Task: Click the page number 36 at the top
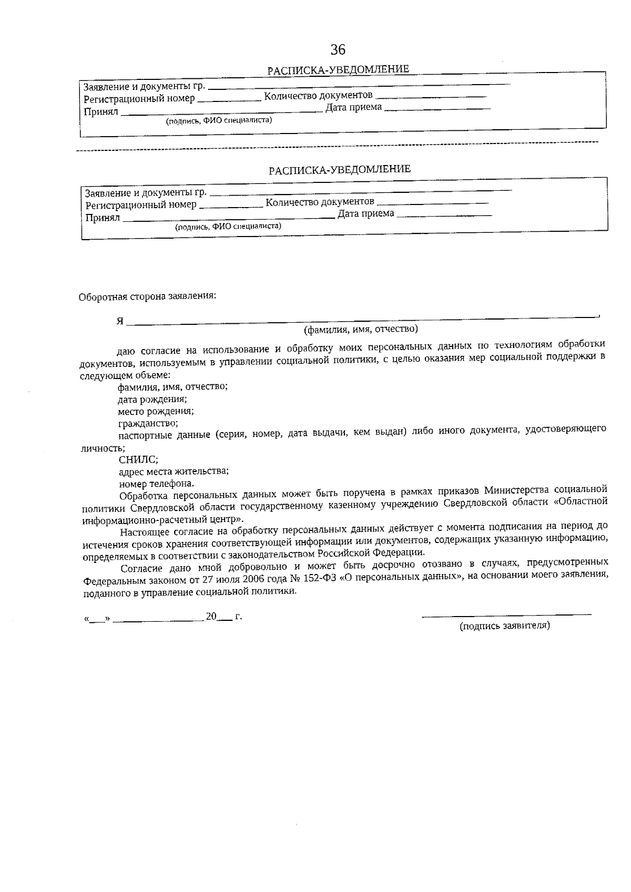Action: point(338,49)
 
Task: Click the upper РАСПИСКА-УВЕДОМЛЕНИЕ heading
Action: point(338,70)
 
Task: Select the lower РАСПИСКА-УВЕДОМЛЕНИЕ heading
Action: point(340,170)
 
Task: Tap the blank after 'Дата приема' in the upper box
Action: point(437,109)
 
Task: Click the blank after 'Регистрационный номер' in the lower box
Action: point(231,206)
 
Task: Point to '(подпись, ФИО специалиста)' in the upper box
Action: point(219,121)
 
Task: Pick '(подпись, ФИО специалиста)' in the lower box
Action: point(228,227)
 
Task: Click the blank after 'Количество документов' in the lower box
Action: point(433,203)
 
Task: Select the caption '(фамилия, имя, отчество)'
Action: point(361,330)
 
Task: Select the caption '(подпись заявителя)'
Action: point(505,626)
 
